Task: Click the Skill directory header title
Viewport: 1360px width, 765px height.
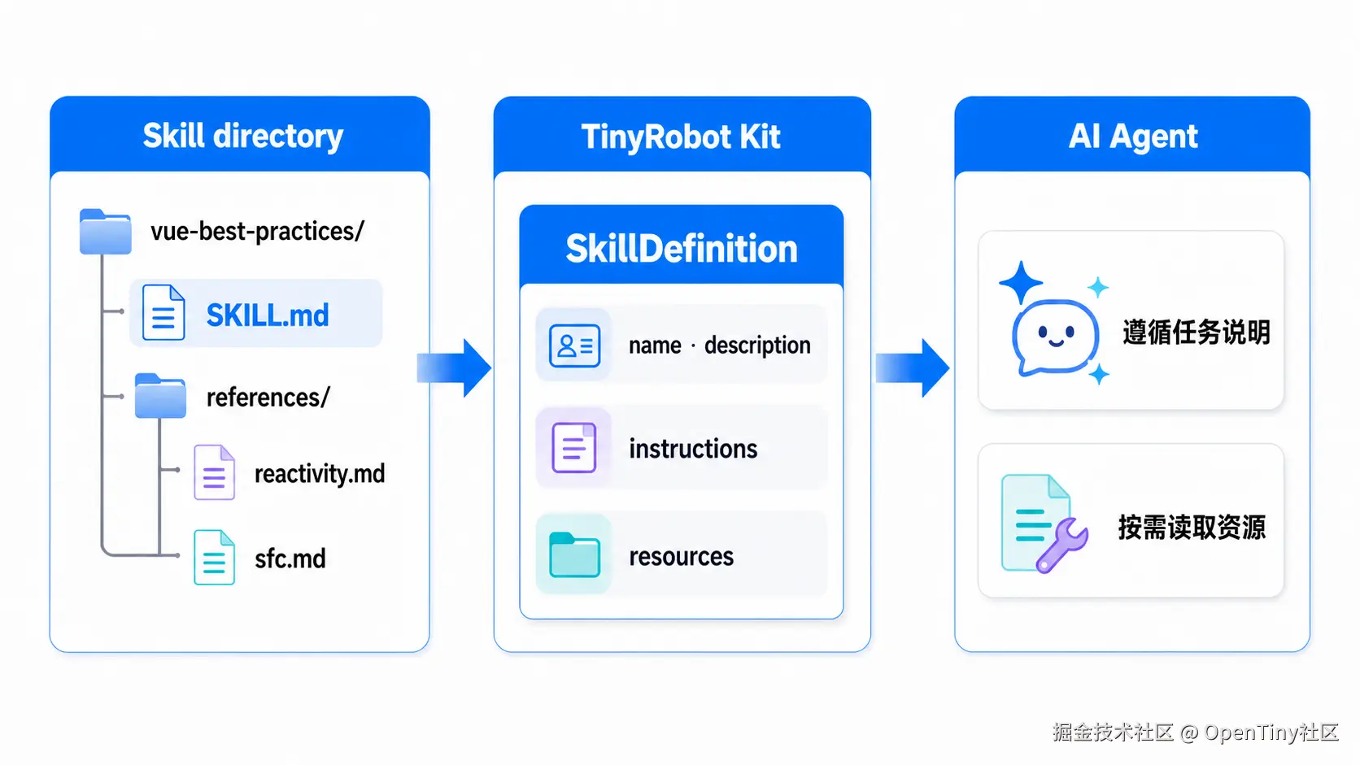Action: click(243, 136)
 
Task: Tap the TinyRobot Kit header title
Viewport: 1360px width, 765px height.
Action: click(681, 137)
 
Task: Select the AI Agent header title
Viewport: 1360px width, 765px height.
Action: click(1133, 136)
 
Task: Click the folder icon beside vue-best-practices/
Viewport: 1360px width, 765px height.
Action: click(105, 231)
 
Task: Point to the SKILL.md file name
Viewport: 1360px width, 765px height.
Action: click(268, 315)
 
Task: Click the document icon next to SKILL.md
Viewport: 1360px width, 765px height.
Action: click(163, 312)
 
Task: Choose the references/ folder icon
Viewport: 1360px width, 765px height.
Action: click(160, 396)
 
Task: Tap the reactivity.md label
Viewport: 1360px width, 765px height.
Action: click(320, 474)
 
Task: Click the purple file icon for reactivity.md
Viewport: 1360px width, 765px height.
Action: click(214, 472)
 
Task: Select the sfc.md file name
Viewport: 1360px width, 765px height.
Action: click(290, 559)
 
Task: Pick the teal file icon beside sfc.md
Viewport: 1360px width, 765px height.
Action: click(214, 557)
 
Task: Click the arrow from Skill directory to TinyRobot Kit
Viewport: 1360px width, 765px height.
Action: click(454, 368)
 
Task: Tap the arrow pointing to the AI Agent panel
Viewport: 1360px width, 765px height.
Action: click(913, 368)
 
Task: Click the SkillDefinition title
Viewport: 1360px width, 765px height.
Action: click(681, 249)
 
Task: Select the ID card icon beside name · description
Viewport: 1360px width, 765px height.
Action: click(574, 346)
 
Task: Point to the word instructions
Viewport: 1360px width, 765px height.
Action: click(693, 449)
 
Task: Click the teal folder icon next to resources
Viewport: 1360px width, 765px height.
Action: click(574, 554)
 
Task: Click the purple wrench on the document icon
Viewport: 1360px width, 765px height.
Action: click(1062, 545)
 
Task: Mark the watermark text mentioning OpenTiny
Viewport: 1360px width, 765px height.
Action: click(1196, 732)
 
